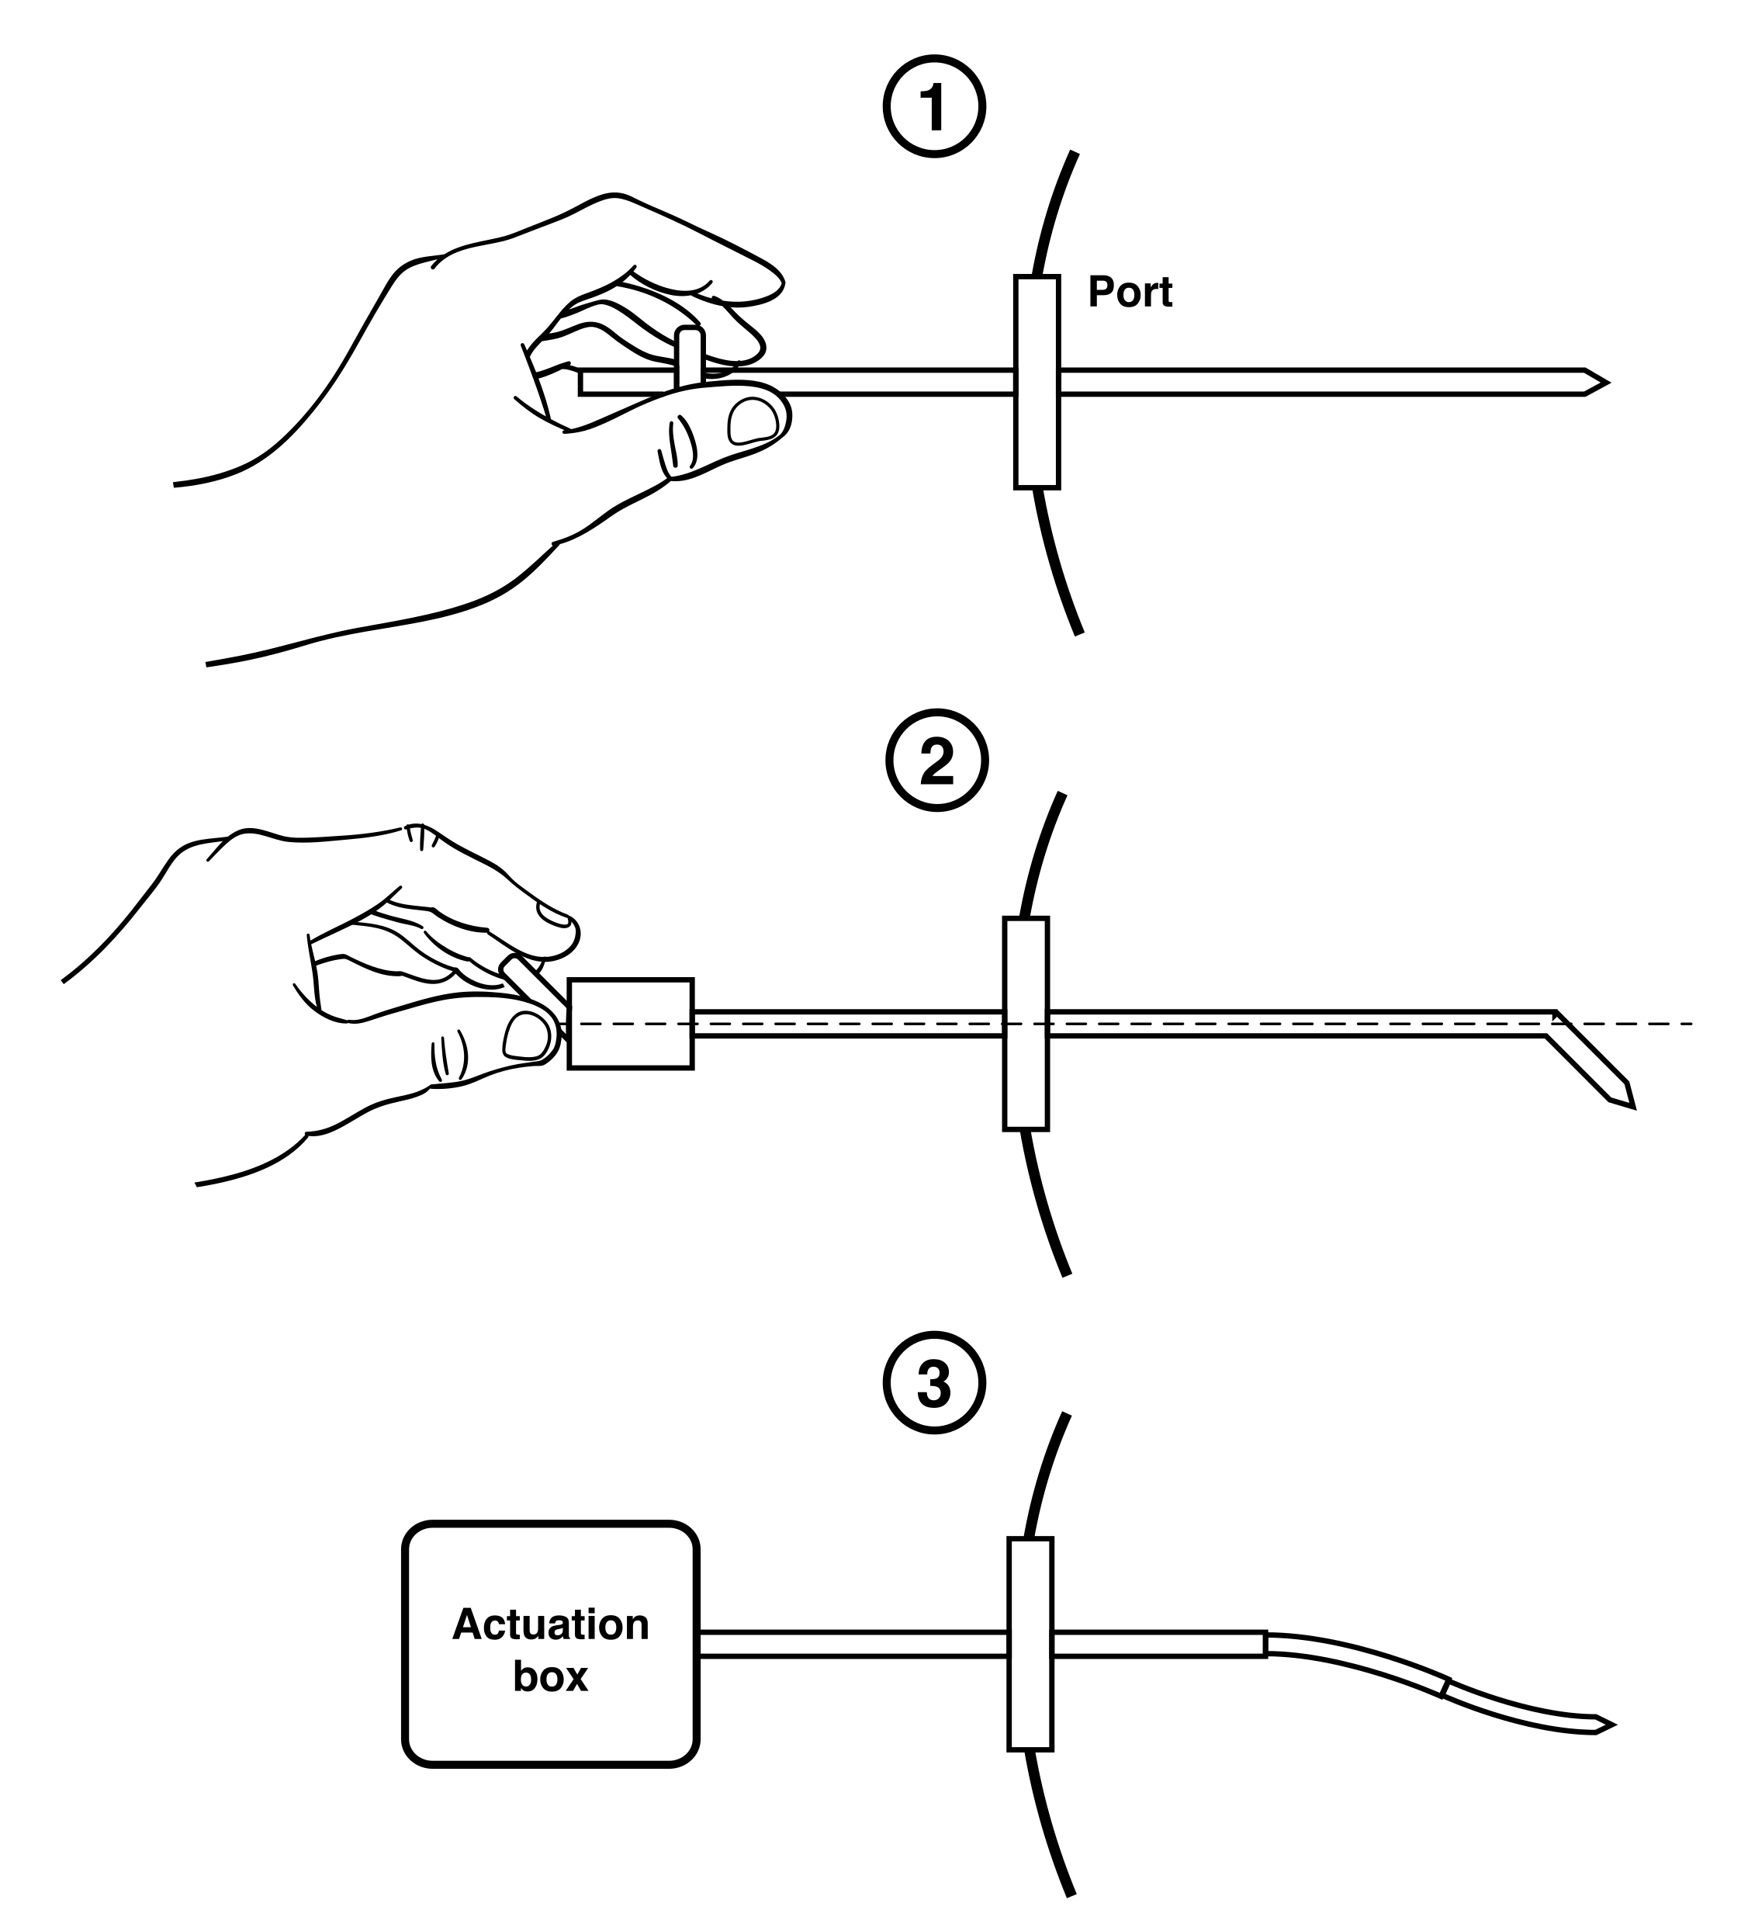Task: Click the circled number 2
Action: (x=936, y=761)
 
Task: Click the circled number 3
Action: (x=935, y=1384)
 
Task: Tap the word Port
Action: (x=1130, y=292)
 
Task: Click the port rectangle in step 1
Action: (x=1037, y=382)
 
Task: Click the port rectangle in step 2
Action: (x=1026, y=1024)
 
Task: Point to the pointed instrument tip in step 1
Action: (x=1607, y=383)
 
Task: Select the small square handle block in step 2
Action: (x=631, y=1023)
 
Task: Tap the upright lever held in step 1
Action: (x=690, y=357)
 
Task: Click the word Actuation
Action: (x=551, y=1624)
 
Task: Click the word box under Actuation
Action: (x=551, y=1676)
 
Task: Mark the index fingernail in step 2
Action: (x=554, y=915)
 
